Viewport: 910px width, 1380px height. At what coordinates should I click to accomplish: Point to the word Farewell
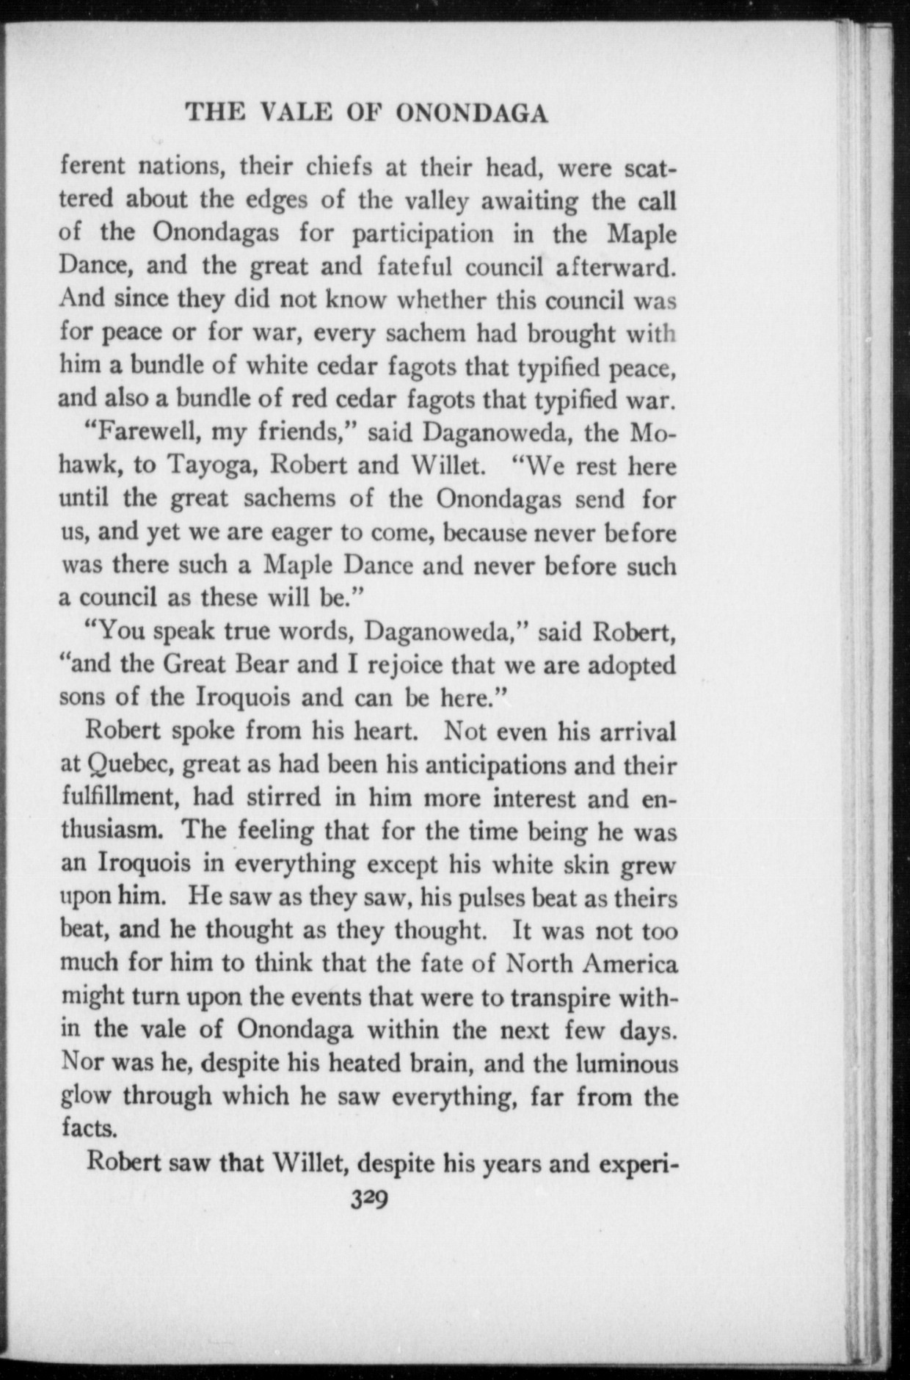click(143, 432)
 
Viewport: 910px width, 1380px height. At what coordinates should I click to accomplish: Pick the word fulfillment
click(120, 797)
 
